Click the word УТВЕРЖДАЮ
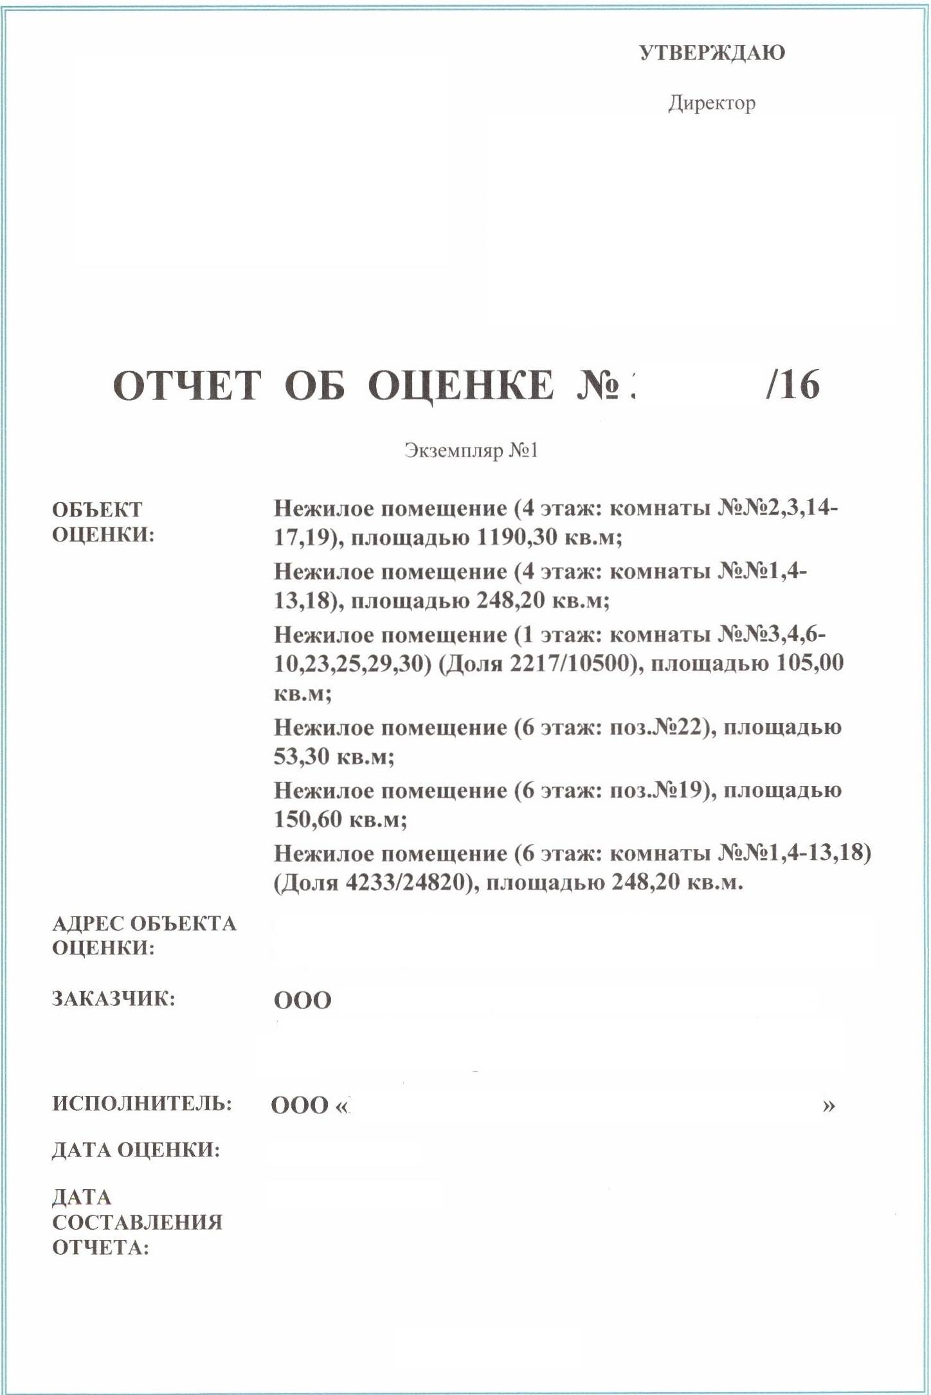[712, 53]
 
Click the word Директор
[712, 103]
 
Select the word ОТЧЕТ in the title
[187, 386]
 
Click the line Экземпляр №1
[471, 450]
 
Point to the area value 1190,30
[516, 537]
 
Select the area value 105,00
[809, 663]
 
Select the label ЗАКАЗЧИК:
[114, 999]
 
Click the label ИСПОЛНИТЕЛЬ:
[142, 1104]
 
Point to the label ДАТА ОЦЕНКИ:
[136, 1150]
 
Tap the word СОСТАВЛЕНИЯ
[138, 1222]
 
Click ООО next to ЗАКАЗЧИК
[303, 1001]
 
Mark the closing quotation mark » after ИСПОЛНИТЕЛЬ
[829, 1106]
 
